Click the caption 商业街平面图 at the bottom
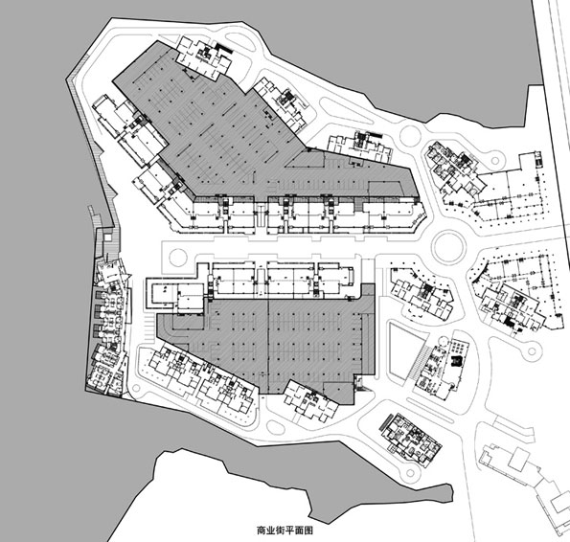pos(285,531)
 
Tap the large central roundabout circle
pos(449,247)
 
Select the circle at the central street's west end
pos(178,257)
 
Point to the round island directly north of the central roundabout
pos(410,136)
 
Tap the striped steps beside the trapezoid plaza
pos(420,361)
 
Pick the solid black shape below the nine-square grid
pos(456,361)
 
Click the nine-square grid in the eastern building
pos(458,348)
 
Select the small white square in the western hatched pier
pos(107,237)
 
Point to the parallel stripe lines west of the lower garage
pos(148,326)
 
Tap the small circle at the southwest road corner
pos(137,389)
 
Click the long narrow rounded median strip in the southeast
pos(430,411)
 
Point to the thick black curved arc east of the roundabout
pos(478,273)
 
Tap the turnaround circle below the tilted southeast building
pos(411,473)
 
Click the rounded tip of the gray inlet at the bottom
pos(451,493)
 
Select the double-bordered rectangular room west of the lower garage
pos(161,293)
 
